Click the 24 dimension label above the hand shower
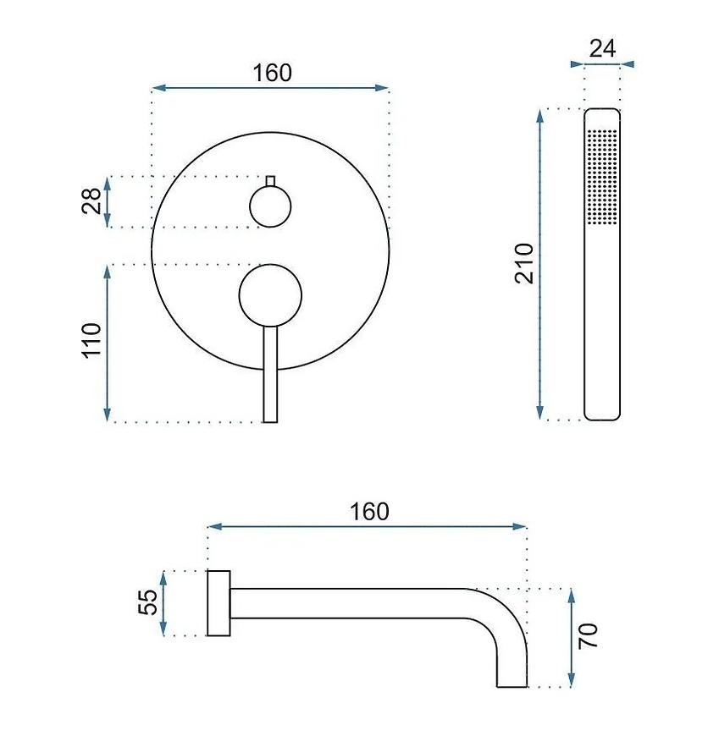tap(602, 48)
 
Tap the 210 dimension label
tap(524, 263)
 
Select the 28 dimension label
tap(92, 201)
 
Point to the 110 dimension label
tap(92, 339)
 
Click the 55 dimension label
tap(148, 602)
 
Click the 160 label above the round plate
tap(272, 73)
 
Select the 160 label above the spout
tap(369, 512)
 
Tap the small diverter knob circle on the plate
tap(270, 206)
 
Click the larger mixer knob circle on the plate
tap(270, 294)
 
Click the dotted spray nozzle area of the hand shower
tap(602, 178)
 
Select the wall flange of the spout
tap(218, 602)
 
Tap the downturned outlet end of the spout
tap(512, 668)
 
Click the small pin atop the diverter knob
tap(270, 180)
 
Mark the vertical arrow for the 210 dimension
tap(540, 263)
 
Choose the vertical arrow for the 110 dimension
tap(108, 343)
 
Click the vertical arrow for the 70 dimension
tap(572, 637)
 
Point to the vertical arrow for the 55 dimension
tap(164, 602)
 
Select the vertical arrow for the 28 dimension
tap(108, 201)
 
